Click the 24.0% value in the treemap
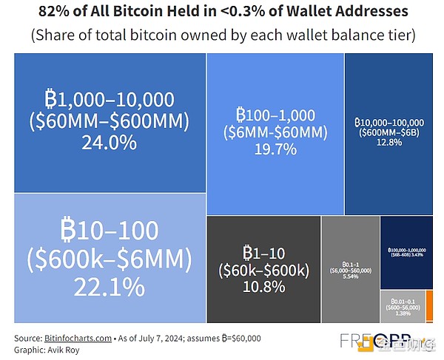[x=108, y=141]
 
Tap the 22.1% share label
[x=108, y=285]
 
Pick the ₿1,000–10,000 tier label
[x=108, y=99]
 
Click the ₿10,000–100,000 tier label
[x=388, y=122]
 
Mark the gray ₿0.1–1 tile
[x=351, y=269]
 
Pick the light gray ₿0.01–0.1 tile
[x=402, y=308]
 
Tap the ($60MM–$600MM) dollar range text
[x=108, y=120]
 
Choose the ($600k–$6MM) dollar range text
[x=108, y=259]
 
